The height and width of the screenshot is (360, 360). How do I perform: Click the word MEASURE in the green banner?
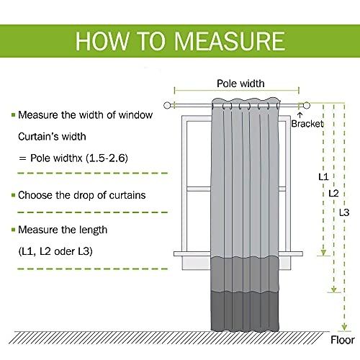point(230,41)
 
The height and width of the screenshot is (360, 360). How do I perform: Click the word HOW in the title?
point(102,41)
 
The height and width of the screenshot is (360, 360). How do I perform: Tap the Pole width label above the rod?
point(240,84)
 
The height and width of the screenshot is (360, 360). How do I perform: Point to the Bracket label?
point(307,124)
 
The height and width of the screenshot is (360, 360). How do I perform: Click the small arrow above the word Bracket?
point(300,114)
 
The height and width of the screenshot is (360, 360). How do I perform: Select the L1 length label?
point(323,177)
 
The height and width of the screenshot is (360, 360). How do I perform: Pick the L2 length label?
point(333,193)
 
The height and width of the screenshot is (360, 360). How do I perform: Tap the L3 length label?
point(344,212)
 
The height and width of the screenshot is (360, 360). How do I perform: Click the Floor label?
point(343,340)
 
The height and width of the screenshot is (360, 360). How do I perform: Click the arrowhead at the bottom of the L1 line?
point(323,253)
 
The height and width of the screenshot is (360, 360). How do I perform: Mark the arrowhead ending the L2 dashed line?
point(334,289)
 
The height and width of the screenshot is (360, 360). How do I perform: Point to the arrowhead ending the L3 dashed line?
point(344,327)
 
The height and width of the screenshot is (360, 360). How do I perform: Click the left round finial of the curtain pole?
point(167,105)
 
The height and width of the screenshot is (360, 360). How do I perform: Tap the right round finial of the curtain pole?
point(307,105)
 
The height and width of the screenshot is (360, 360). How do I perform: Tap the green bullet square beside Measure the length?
point(14,230)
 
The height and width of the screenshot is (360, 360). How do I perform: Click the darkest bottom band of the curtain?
point(245,311)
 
